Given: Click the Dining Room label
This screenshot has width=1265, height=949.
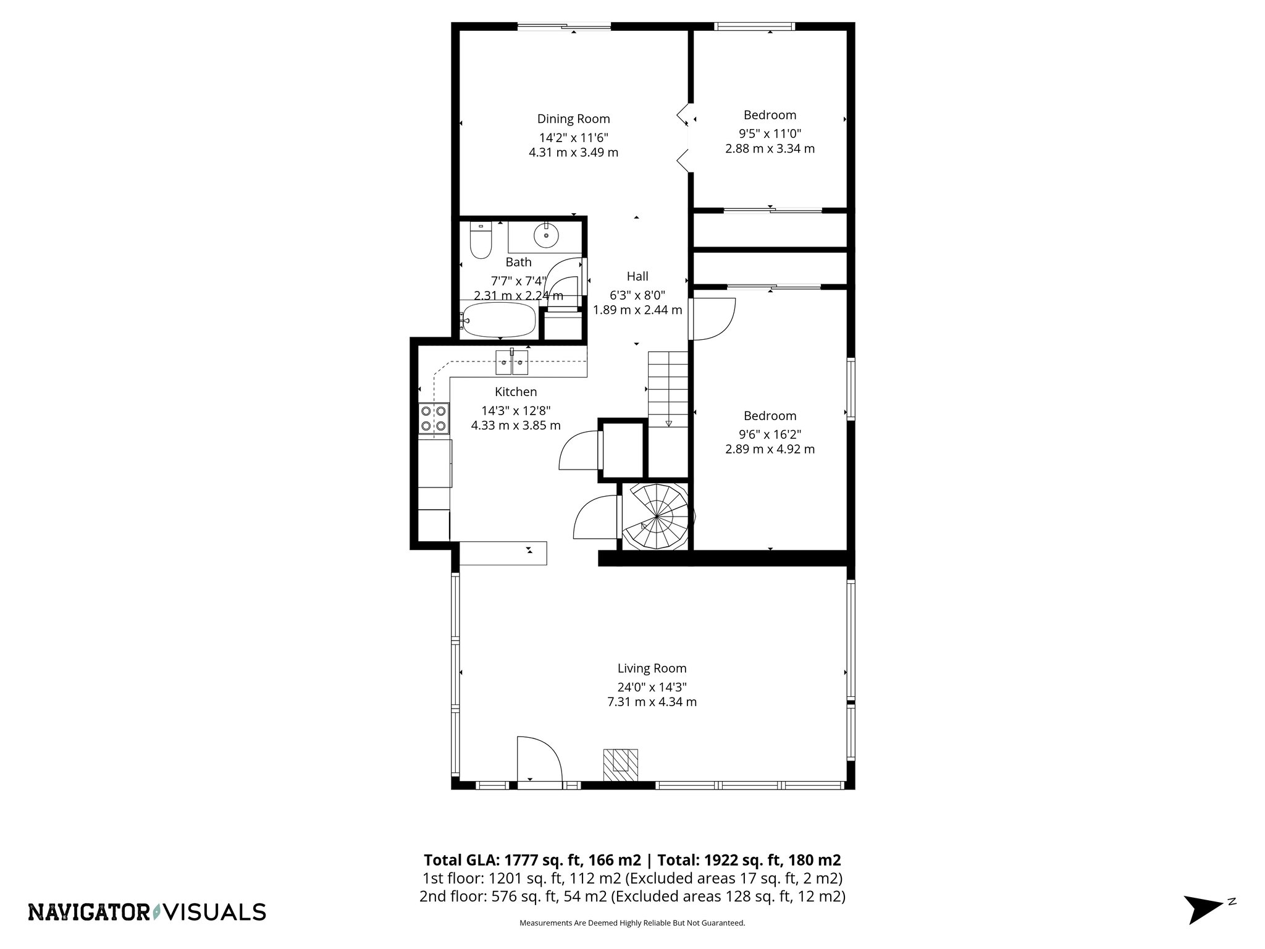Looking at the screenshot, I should click(573, 119).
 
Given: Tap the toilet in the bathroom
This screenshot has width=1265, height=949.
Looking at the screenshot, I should click(480, 242).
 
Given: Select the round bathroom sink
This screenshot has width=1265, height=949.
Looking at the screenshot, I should click(546, 235).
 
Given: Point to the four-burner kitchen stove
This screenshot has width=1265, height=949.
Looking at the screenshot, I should click(434, 418).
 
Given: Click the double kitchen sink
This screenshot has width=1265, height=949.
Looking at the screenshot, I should click(512, 362).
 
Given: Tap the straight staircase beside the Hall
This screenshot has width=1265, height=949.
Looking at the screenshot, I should click(668, 389).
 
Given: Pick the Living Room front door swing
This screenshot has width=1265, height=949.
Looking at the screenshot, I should click(539, 759).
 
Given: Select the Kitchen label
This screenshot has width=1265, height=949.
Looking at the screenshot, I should click(516, 392).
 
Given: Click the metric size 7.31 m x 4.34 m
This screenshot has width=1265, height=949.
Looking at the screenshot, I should click(652, 702).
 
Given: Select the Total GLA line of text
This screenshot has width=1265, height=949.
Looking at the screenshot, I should click(632, 860).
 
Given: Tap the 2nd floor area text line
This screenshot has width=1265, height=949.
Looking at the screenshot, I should click(632, 896).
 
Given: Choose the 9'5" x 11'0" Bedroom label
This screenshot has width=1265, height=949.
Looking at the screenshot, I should click(770, 115).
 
